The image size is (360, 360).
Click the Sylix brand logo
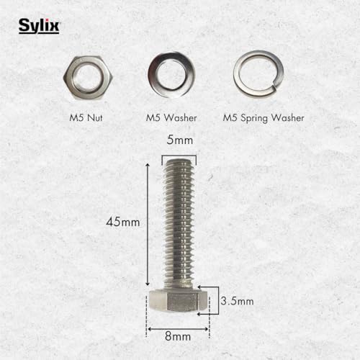click(x=39, y=27)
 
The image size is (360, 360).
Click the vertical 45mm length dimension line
click(x=148, y=223)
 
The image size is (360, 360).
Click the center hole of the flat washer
click(x=171, y=75)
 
